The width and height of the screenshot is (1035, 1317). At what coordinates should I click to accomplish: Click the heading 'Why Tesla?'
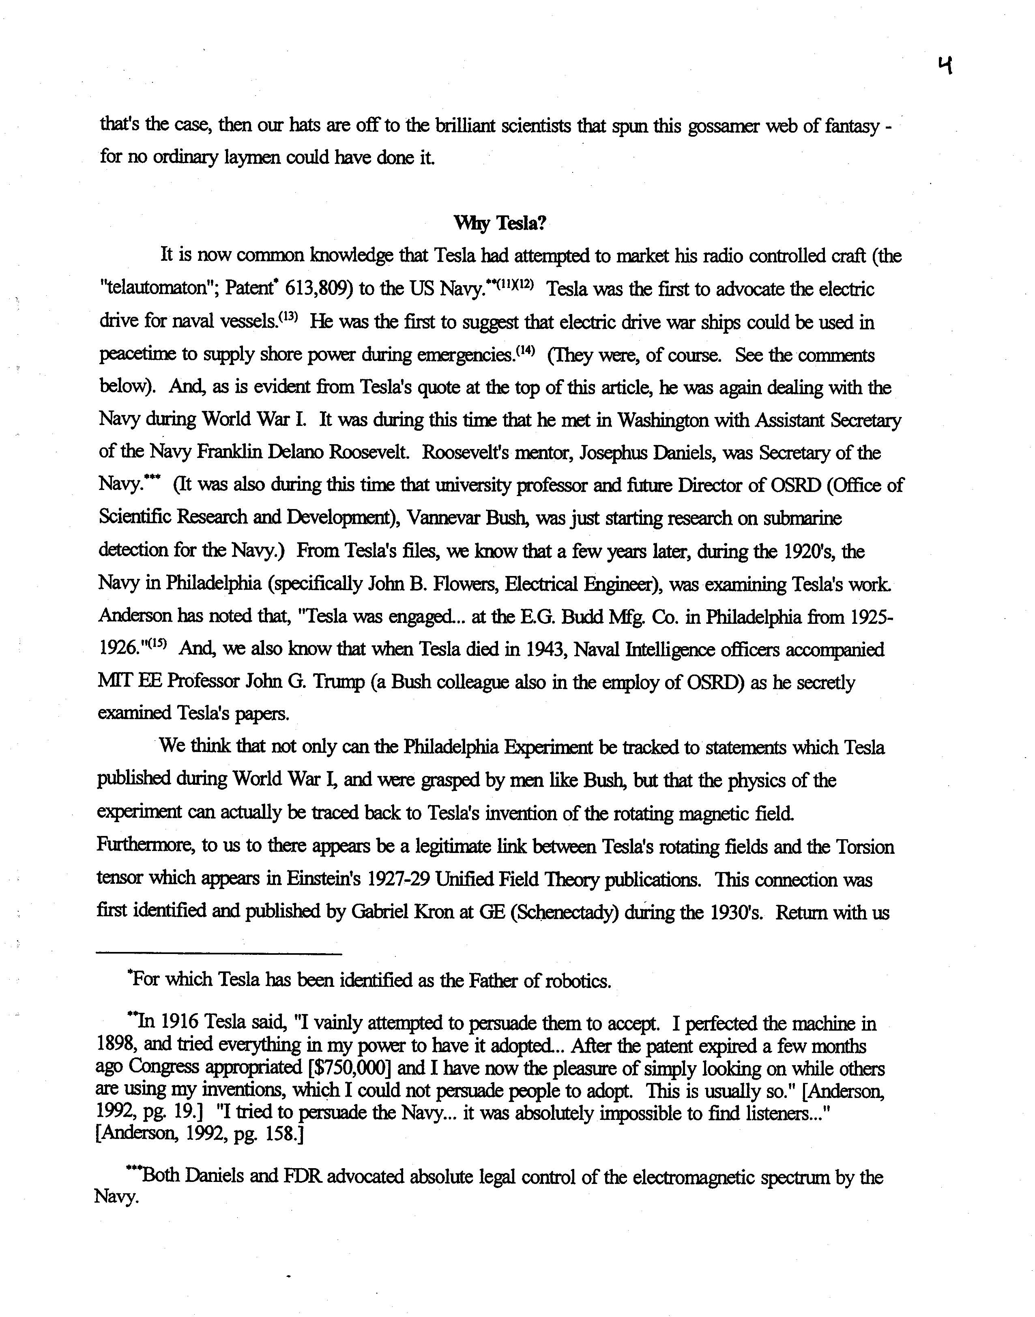(500, 223)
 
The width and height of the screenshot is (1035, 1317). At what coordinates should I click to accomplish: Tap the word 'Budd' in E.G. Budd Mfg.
(583, 617)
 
